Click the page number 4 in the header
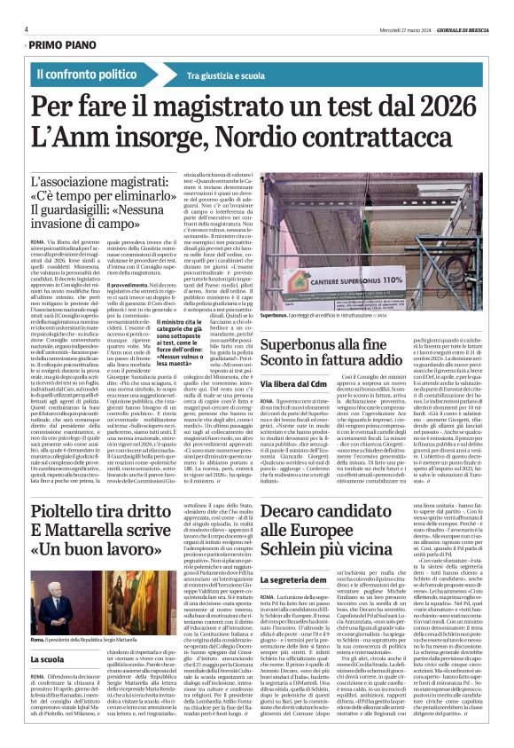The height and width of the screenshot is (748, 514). [27, 28]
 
